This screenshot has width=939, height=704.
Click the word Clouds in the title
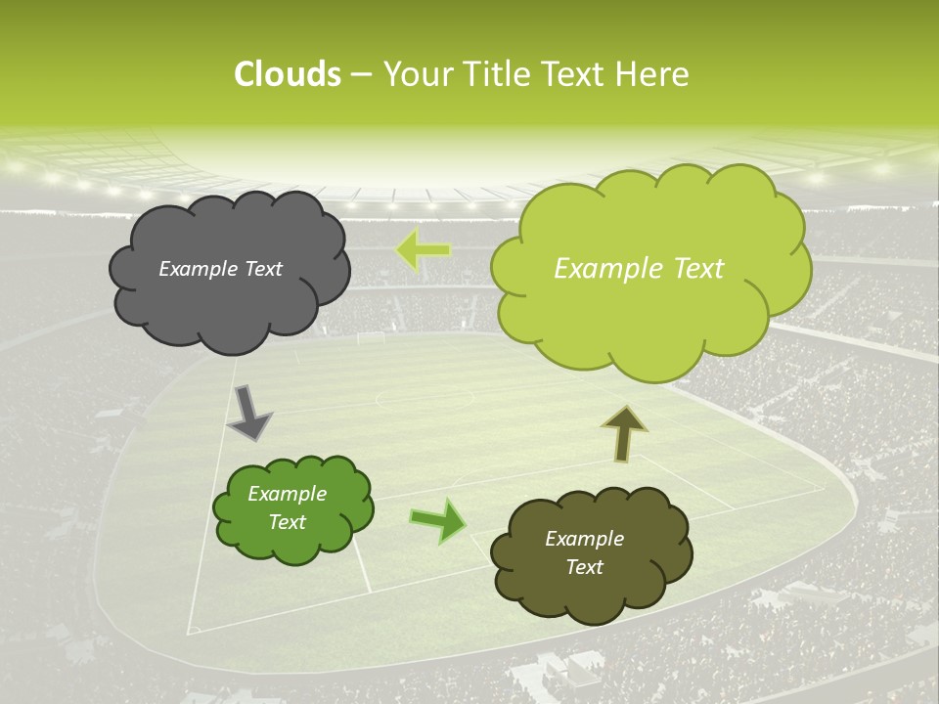coord(287,74)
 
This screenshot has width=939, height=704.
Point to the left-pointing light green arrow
coord(423,249)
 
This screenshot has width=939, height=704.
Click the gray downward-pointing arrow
coord(249,413)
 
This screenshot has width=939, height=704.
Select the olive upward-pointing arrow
coord(624,432)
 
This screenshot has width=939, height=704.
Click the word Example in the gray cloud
coord(198,269)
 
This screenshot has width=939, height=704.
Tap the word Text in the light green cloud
coord(692,269)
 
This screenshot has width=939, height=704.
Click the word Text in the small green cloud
coord(288,522)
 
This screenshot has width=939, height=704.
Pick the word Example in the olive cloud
coord(584,539)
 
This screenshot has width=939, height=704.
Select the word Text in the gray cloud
coord(261,269)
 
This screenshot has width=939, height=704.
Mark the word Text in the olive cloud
coord(584,567)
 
